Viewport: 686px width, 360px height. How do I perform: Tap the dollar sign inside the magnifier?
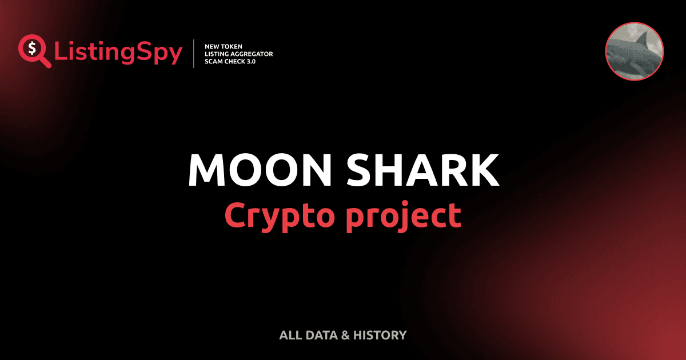31,48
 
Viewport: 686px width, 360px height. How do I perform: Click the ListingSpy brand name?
118,53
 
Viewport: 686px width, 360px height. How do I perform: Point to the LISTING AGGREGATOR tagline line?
238,54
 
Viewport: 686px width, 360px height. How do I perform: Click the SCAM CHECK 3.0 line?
230,61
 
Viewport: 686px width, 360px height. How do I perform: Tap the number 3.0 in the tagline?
250,61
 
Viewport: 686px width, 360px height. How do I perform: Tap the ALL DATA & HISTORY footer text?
342,335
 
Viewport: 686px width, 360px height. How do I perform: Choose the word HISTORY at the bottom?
380,335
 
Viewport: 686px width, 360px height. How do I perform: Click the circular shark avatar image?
634,51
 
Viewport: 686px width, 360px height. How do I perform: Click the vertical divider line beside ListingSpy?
195,53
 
